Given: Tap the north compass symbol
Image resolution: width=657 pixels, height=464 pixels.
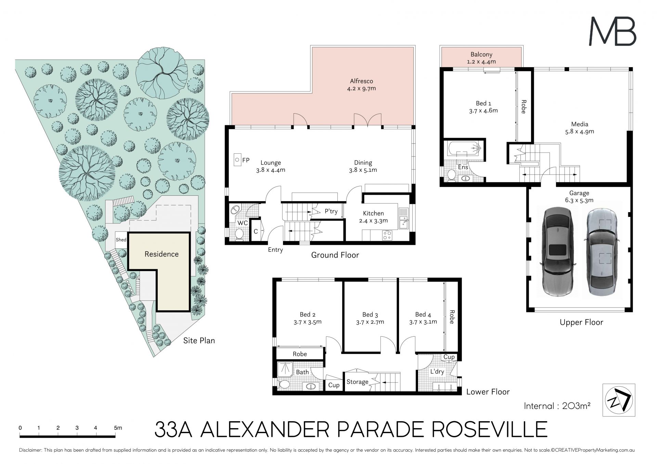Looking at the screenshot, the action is click(619, 400).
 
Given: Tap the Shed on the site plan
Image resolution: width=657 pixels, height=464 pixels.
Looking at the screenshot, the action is click(121, 240).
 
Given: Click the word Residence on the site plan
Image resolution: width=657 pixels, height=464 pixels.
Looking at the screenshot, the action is click(162, 254).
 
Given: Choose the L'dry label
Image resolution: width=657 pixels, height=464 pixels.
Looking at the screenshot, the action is click(437, 372).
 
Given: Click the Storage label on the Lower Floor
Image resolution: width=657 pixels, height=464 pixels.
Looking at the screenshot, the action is click(358, 382).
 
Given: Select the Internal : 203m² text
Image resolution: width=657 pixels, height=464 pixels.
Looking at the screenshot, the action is click(557, 406).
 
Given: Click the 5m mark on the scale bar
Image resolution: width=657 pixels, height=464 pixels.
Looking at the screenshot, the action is click(118, 428).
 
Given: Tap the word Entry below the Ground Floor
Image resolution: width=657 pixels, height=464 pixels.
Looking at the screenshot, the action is click(275, 250).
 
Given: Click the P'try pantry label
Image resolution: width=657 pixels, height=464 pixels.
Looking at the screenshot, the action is click(331, 211).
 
